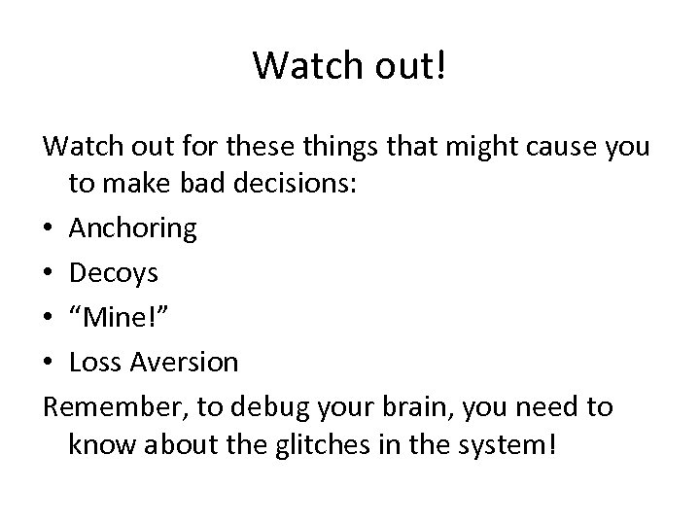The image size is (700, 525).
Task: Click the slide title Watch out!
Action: pos(349,66)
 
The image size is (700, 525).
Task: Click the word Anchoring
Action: pos(132,229)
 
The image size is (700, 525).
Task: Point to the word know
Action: pos(96,451)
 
